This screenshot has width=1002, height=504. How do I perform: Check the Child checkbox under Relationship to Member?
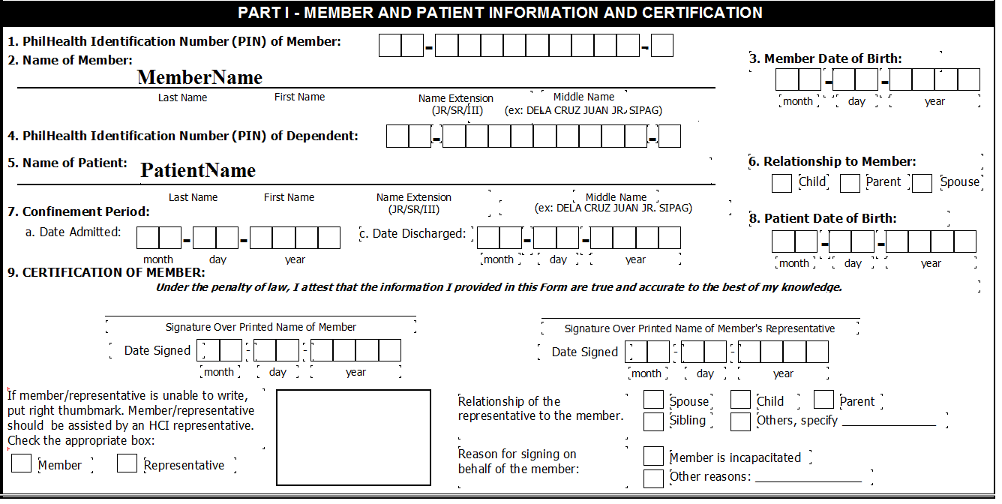(x=781, y=183)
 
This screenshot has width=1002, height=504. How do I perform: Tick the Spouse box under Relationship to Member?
(x=922, y=183)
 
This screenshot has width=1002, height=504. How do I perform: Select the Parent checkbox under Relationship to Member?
(x=850, y=183)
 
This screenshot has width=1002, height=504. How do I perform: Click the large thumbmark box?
(x=354, y=438)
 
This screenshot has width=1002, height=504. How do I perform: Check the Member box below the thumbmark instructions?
(x=22, y=463)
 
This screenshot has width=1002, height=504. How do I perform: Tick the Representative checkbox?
(x=127, y=463)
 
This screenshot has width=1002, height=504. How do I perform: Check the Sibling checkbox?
(x=653, y=421)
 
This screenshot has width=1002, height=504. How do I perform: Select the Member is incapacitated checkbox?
(x=653, y=456)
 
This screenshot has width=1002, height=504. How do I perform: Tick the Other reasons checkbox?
(x=653, y=478)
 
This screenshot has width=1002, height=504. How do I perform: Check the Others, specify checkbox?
(x=740, y=421)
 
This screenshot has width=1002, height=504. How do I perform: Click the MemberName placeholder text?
(x=199, y=77)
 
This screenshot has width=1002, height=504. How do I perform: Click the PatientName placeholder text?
(x=198, y=171)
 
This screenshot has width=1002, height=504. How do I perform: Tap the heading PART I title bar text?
(x=499, y=13)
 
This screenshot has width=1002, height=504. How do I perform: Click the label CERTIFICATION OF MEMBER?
(x=113, y=272)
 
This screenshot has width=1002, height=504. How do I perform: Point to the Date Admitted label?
(x=73, y=232)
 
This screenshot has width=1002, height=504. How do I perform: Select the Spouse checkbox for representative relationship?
(x=653, y=400)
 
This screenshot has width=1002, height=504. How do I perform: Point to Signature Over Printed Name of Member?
(x=260, y=327)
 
